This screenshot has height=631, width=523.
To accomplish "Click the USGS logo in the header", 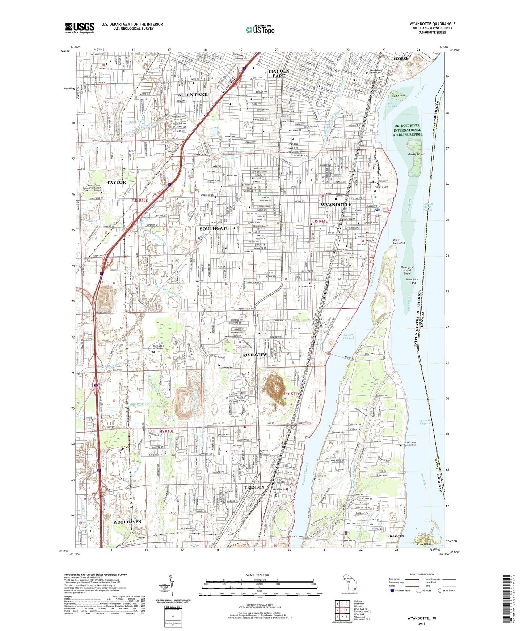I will (x=80, y=27).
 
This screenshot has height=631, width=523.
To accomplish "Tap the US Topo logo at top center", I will (x=260, y=30).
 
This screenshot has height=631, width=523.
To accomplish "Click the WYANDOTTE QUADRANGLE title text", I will (x=432, y=24).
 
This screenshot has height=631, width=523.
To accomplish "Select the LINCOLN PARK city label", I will (x=279, y=73).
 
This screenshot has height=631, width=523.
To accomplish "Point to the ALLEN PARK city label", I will (x=193, y=95).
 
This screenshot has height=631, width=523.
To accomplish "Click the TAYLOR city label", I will (x=116, y=183).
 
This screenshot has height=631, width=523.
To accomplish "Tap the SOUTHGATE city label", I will (x=214, y=228).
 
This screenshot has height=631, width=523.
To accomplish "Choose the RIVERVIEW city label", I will (x=255, y=355).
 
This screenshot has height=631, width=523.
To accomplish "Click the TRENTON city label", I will (x=254, y=487).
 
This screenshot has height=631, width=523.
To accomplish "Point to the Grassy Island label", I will (x=416, y=154).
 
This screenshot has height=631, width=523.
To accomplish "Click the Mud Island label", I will (x=398, y=96).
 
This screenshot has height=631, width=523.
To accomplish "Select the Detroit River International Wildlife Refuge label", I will (x=407, y=130).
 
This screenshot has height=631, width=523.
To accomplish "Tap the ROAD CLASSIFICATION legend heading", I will (x=422, y=574).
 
